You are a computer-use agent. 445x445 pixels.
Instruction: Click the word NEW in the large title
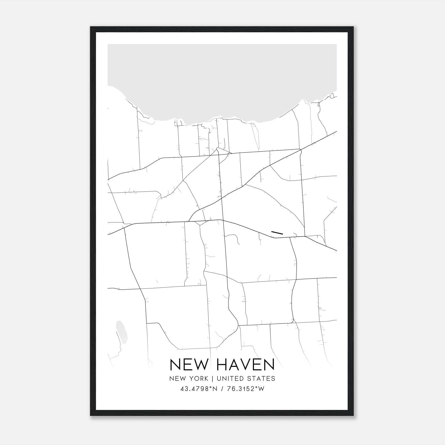[x=188, y=365]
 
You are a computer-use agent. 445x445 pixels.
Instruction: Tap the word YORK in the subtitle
[x=198, y=379]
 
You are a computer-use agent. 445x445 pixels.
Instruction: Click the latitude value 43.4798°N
[x=198, y=389]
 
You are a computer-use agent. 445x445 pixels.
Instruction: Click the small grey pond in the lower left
[x=122, y=332]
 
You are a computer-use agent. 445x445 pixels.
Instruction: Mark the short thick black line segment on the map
[x=277, y=233]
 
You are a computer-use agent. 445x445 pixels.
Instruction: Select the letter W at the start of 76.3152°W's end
[x=261, y=389]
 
